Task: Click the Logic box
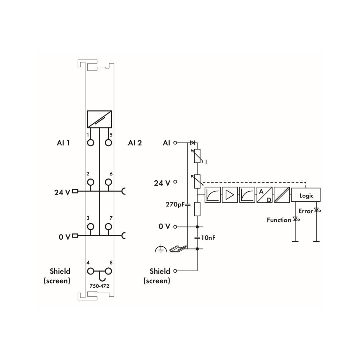pyautogui.click(x=305, y=195)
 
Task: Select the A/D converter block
pyautogui.click(x=264, y=195)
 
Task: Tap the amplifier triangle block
pyautogui.click(x=230, y=195)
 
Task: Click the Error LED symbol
pyautogui.click(x=317, y=210)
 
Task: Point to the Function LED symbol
pyautogui.click(x=296, y=219)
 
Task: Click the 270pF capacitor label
pyautogui.click(x=175, y=204)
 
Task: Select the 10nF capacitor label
pyautogui.click(x=208, y=238)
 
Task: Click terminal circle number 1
pyautogui.click(x=91, y=143)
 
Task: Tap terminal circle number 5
pyautogui.click(x=108, y=143)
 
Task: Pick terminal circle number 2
pyautogui.click(x=91, y=182)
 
